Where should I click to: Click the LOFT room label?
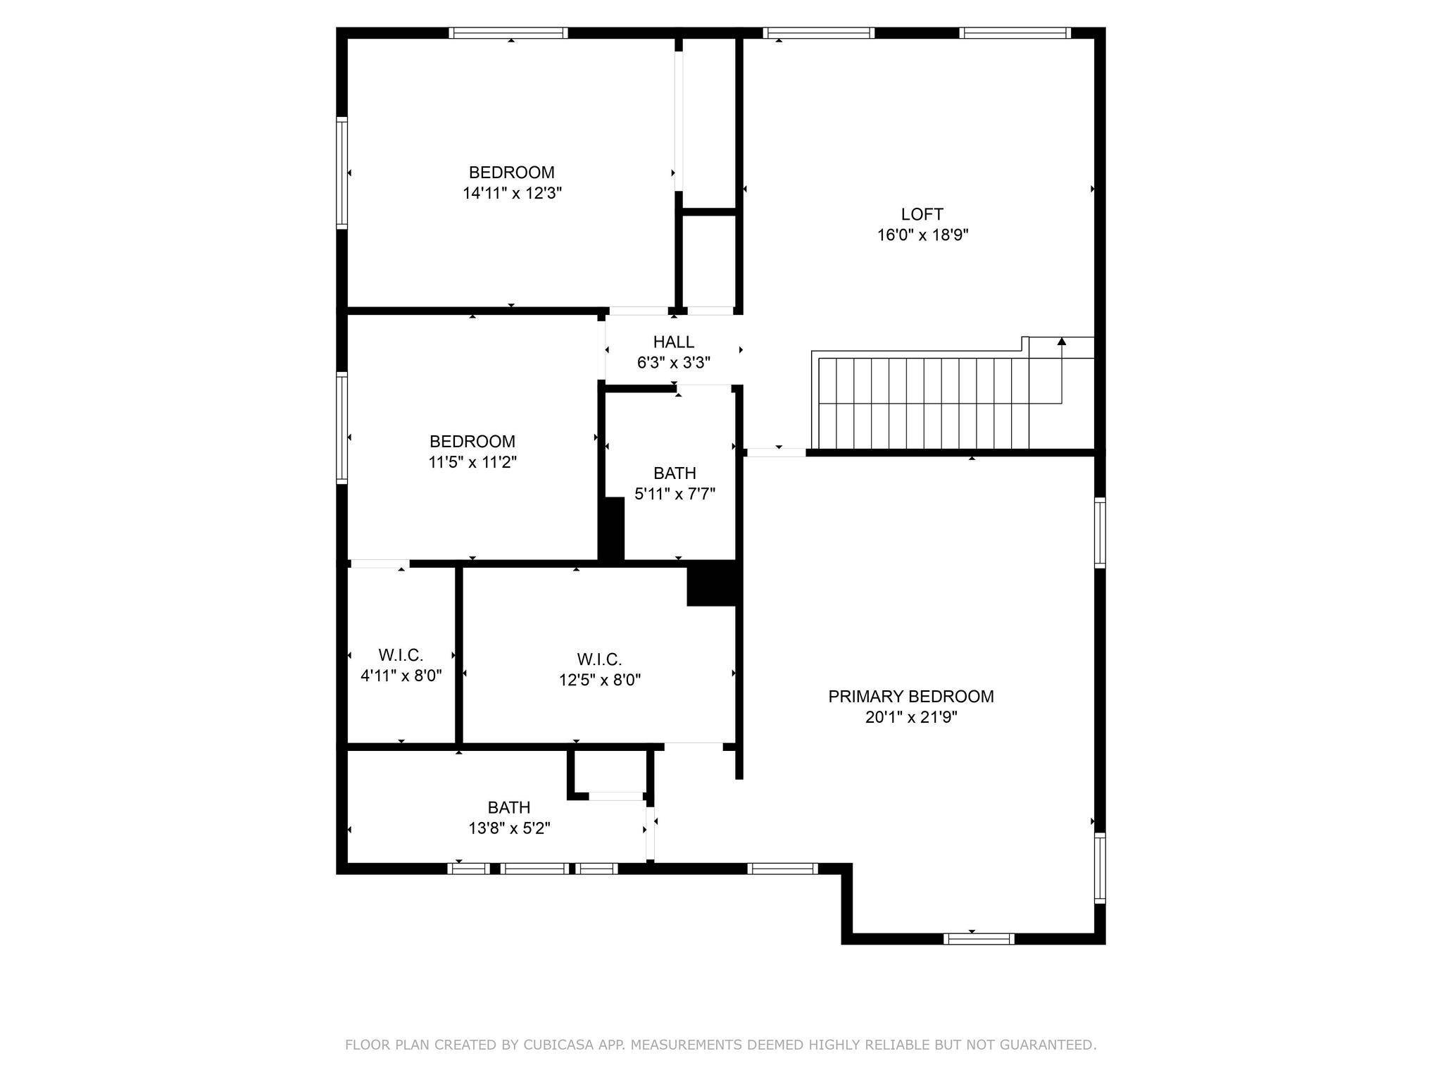click(x=922, y=214)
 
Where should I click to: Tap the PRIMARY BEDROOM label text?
click(x=910, y=697)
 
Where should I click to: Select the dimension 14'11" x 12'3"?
click(x=512, y=193)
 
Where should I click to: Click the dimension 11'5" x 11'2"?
click(x=472, y=462)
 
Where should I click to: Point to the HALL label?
click(x=673, y=342)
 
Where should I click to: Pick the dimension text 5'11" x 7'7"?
click(x=675, y=494)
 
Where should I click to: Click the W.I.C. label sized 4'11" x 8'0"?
click(x=401, y=656)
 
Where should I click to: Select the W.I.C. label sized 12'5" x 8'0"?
click(x=599, y=660)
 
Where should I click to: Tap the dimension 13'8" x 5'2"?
click(x=509, y=828)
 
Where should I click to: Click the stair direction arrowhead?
click(x=1062, y=342)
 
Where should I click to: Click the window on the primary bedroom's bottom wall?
click(x=979, y=938)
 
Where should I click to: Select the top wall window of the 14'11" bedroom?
click(x=508, y=32)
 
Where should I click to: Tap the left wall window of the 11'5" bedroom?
click(x=342, y=427)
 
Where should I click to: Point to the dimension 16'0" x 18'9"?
click(x=922, y=235)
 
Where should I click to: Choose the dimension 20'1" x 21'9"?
click(x=911, y=717)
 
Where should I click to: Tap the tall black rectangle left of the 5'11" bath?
click(x=611, y=528)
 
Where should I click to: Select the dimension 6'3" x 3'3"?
click(x=673, y=363)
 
